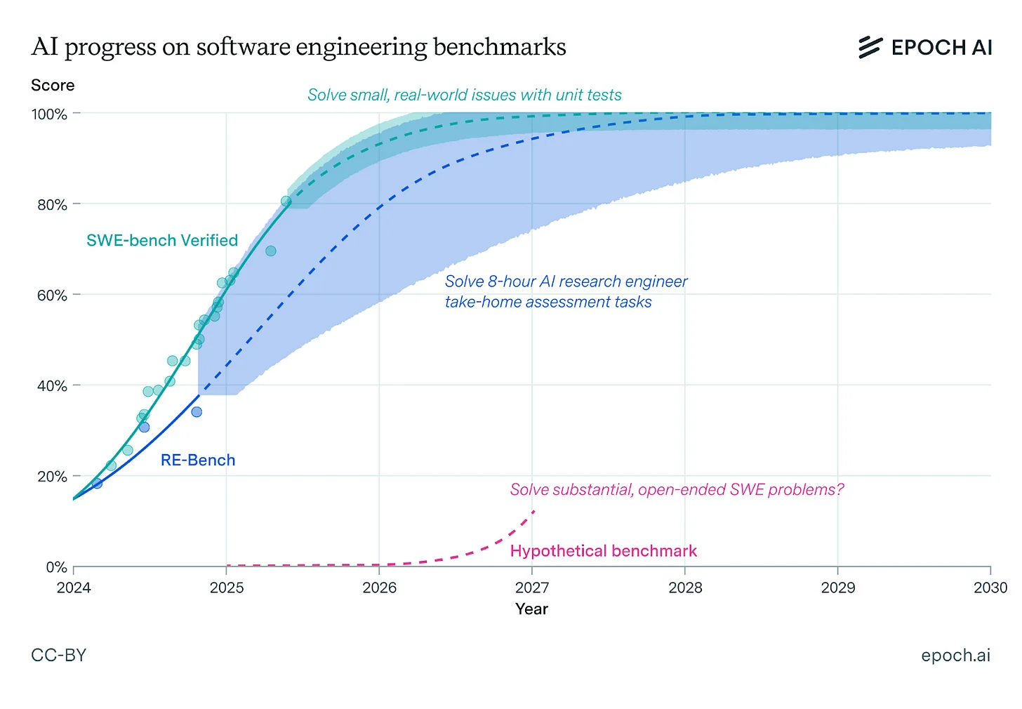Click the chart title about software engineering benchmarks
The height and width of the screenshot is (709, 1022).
(298, 47)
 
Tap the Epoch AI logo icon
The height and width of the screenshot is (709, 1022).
(870, 47)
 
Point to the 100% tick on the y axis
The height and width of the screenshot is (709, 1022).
(49, 114)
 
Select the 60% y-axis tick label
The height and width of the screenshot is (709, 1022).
(52, 295)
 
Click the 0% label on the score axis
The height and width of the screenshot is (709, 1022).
(56, 566)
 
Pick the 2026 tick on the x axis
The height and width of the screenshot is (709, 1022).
(379, 588)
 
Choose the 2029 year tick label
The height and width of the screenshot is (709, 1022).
(837, 588)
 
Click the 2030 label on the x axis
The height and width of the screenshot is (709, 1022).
(990, 588)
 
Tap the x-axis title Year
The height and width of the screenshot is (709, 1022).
(531, 609)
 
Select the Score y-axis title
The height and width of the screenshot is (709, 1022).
(53, 86)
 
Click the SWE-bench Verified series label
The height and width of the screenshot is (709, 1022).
(162, 241)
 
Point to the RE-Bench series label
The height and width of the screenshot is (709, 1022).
(198, 460)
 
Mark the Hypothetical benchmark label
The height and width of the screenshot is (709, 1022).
(604, 551)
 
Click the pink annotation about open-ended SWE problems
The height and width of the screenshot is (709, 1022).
(677, 489)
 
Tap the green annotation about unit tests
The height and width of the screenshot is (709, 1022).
(465, 95)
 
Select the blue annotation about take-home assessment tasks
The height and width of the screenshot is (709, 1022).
(566, 291)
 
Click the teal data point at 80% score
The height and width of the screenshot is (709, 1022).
(286, 201)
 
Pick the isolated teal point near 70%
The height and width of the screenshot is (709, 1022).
(271, 251)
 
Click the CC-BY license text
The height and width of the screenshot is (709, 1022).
(59, 655)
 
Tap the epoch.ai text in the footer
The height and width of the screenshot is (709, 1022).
(955, 655)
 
